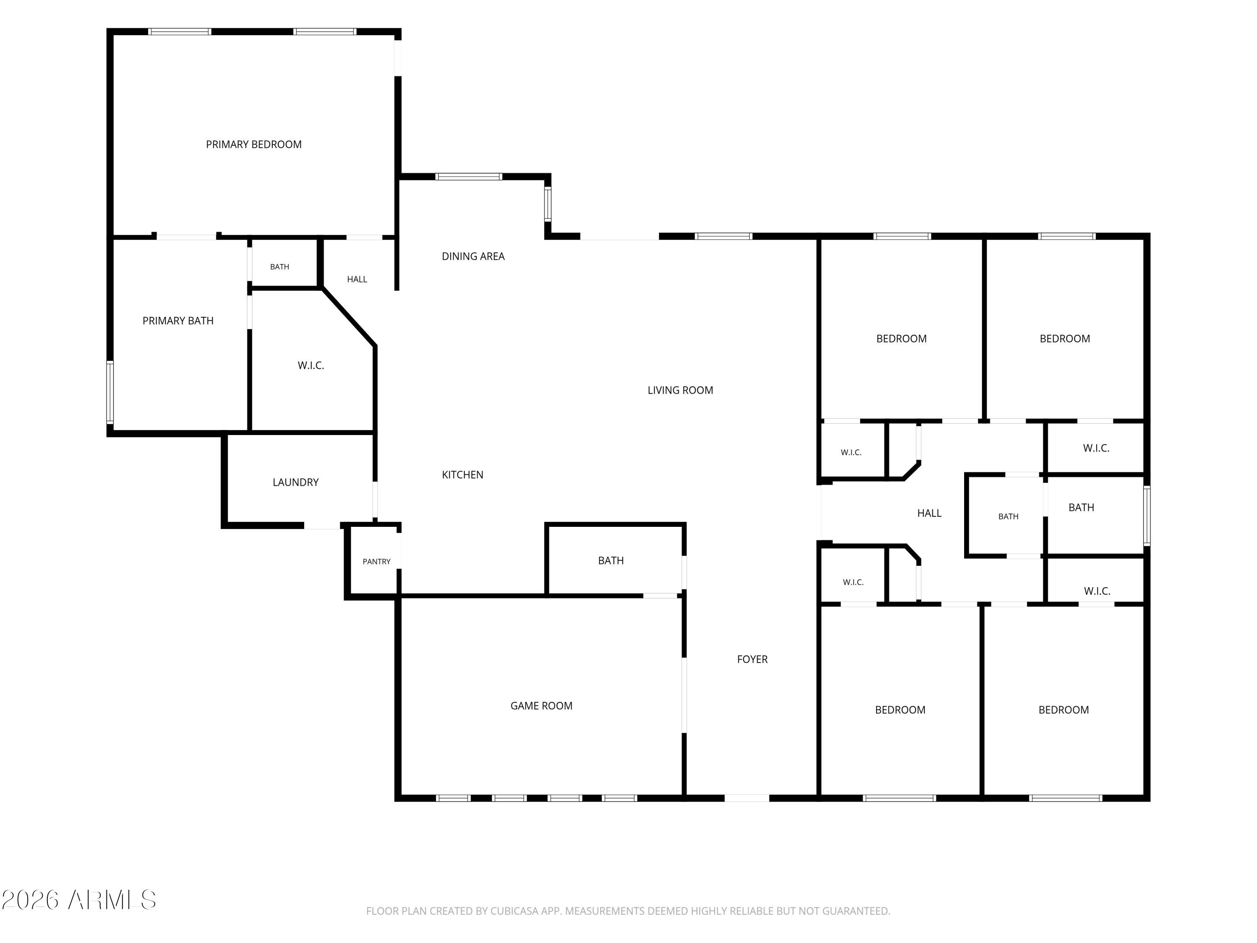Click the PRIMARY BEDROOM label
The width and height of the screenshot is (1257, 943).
click(253, 144)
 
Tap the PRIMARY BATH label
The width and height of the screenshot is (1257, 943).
click(178, 321)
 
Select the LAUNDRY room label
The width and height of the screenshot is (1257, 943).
click(295, 482)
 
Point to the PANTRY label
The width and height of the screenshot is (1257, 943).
click(376, 562)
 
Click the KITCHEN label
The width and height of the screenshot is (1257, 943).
click(463, 474)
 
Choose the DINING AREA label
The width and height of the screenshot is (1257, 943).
click(473, 256)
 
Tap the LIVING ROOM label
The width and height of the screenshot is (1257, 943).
click(680, 390)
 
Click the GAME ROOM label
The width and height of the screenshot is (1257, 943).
click(541, 705)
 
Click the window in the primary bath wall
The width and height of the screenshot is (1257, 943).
click(110, 392)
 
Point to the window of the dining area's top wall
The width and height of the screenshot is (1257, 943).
click(469, 176)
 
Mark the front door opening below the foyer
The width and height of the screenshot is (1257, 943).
click(747, 798)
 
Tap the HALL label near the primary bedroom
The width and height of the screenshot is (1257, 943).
click(357, 279)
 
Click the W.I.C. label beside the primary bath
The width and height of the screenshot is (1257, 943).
click(311, 365)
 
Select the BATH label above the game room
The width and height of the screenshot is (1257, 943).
click(611, 560)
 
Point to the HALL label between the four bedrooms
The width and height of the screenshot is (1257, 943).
click(929, 513)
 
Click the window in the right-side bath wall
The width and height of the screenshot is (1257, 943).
click(1147, 516)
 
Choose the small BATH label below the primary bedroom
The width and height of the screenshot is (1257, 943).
click(279, 267)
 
